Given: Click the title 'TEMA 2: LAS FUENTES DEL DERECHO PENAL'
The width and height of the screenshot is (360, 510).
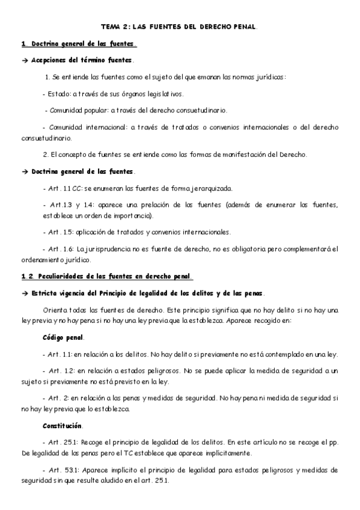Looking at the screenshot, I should tap(179, 27).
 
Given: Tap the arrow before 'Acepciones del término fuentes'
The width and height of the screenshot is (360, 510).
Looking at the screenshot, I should tap(25, 61).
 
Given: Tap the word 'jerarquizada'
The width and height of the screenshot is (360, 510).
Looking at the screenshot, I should tap(202, 188).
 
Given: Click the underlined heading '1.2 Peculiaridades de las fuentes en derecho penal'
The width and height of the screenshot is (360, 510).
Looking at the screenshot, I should tap(107, 277).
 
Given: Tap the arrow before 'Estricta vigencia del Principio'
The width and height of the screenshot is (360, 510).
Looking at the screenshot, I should tap(25, 293).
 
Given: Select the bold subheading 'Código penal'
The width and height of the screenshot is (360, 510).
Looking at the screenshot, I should tap(64, 337).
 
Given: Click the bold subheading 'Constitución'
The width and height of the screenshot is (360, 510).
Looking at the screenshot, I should tap(63, 426).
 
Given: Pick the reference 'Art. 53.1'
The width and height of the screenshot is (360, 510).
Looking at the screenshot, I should tap(64, 470).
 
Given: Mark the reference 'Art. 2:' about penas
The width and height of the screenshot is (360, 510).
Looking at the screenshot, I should tap(59, 398).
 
